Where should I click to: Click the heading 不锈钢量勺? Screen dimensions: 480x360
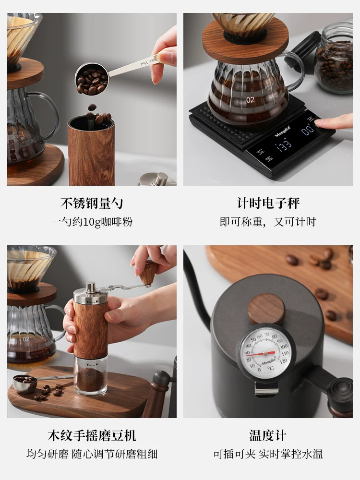[x=92, y=203]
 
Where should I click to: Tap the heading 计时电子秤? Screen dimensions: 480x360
[x=268, y=203]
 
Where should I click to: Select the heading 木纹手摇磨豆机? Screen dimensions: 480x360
[x=92, y=435]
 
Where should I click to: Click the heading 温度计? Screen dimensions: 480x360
[x=268, y=435]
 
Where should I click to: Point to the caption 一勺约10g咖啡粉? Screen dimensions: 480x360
[x=92, y=222]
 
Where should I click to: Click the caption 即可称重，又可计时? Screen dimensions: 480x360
[x=268, y=222]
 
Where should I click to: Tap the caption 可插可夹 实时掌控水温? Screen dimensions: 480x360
[x=268, y=454]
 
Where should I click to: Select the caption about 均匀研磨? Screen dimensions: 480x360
[x=92, y=454]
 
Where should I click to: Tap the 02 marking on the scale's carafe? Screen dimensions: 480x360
[x=251, y=100]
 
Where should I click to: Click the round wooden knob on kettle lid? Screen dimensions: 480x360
[x=266, y=309]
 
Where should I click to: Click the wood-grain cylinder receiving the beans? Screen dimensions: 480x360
[x=91, y=154]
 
